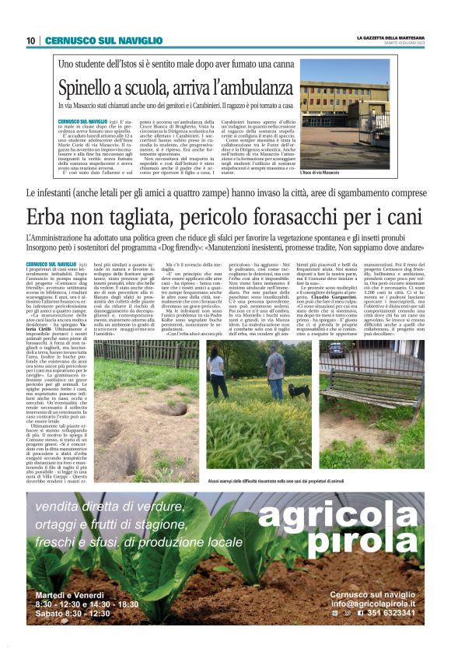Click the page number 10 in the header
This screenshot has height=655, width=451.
(x=30, y=40)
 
